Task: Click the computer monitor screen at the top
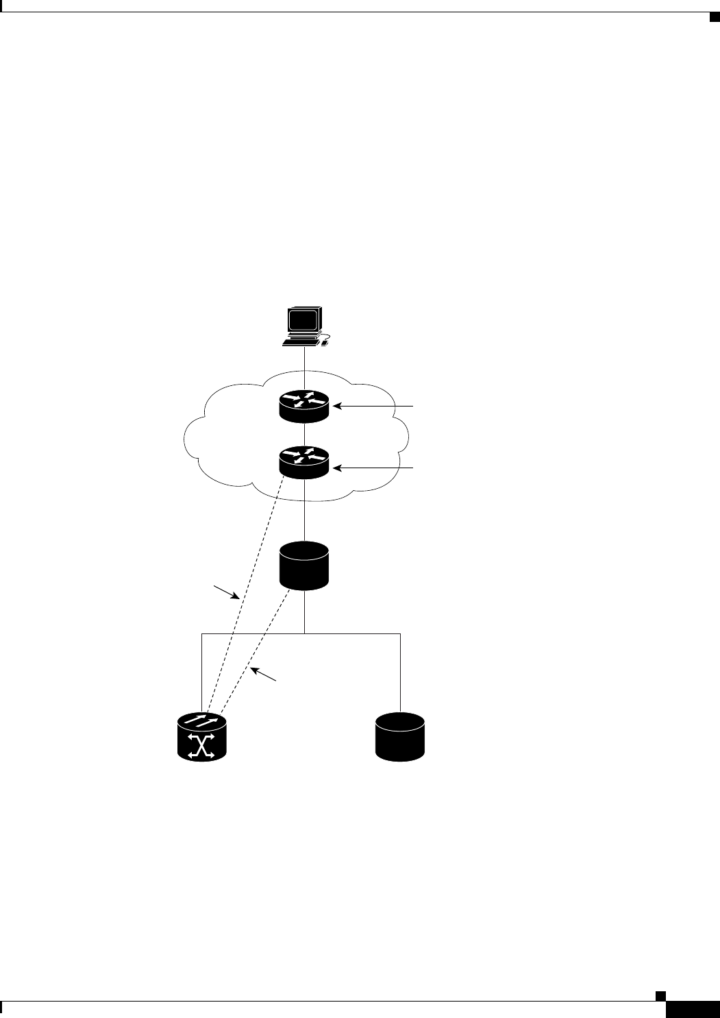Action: coord(303,321)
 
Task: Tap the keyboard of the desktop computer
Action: coord(302,341)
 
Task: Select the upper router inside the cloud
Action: coord(305,406)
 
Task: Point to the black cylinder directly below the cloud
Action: coord(305,566)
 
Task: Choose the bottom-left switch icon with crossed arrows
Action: coord(201,736)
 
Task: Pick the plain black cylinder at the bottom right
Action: coord(400,736)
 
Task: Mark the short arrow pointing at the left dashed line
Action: coord(226,592)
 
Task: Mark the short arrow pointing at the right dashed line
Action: coord(263,673)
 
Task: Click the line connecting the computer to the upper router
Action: coord(305,370)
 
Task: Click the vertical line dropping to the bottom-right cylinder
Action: coord(400,672)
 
